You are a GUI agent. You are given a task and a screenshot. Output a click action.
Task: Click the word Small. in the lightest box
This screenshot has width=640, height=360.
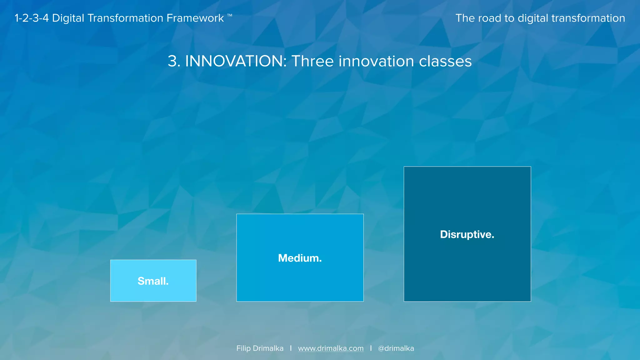[153, 281]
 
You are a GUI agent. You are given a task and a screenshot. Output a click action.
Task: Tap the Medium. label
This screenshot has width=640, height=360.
[300, 258]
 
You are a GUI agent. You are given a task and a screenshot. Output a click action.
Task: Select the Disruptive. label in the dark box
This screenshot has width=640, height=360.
[467, 234]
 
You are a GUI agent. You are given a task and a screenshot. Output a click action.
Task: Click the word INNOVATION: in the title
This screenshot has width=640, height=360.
[236, 61]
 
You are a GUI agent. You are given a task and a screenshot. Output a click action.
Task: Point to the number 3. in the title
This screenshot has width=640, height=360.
[174, 61]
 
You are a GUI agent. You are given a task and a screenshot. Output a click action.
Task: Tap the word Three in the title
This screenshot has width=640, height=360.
[312, 61]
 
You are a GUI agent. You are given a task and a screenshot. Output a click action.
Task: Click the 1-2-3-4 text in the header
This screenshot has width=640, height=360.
[32, 18]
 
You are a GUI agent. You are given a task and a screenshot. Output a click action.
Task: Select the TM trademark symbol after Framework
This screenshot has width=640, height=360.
[230, 15]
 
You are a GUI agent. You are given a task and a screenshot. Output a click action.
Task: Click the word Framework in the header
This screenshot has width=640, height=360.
[195, 18]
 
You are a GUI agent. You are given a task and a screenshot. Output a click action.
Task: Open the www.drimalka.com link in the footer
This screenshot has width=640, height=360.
[331, 348]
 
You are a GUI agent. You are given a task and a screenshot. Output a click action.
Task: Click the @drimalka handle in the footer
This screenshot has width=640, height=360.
[396, 348]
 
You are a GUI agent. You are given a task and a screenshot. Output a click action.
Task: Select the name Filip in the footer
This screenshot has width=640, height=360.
[243, 348]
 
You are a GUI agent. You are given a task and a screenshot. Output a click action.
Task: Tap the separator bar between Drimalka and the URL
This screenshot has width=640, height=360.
[291, 348]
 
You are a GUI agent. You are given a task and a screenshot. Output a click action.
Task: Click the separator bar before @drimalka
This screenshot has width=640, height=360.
[371, 348]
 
